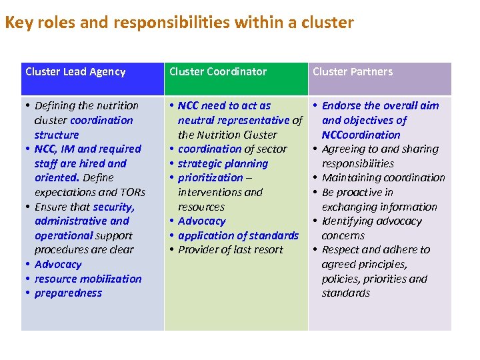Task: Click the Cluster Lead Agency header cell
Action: [x=75, y=72]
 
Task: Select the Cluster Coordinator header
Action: [x=218, y=72]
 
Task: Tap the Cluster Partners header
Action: [x=353, y=72]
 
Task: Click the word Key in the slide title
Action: [x=17, y=23]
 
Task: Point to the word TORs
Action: [x=131, y=192]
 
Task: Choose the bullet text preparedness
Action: [x=68, y=293]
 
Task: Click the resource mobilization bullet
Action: [x=88, y=279]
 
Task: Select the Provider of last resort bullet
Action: [x=230, y=250]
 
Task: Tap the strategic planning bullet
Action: [x=223, y=163]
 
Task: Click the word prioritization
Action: [x=210, y=178]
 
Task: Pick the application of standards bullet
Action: [x=238, y=235]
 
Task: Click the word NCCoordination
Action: [x=361, y=135]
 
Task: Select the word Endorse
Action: [x=341, y=106]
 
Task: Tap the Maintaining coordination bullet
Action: [x=383, y=178]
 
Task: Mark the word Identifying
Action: [x=347, y=221]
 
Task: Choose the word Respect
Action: [x=341, y=250]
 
